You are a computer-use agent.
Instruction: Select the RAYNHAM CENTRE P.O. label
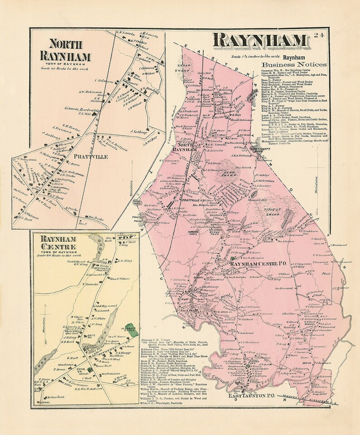256,264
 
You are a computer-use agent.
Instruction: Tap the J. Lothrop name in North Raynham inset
136,132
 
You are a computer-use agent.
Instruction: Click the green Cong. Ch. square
89,369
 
